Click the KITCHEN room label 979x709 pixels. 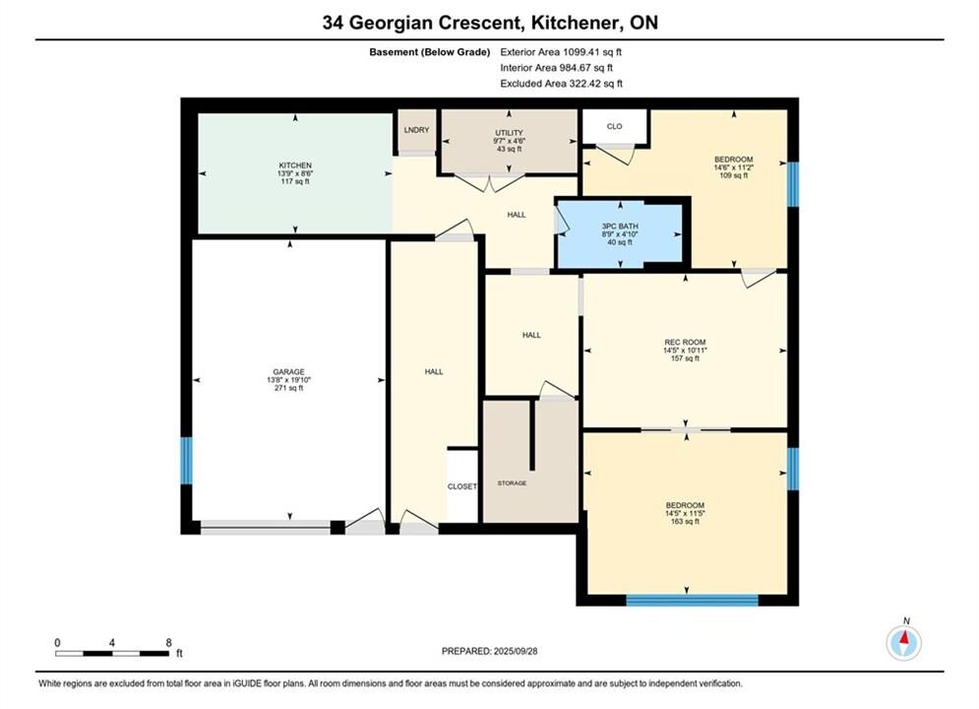(x=295, y=165)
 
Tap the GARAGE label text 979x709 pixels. (x=288, y=371)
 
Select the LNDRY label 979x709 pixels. (x=416, y=130)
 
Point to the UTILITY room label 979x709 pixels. (x=509, y=133)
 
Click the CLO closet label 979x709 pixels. (x=614, y=126)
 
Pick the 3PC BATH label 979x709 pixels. (x=620, y=226)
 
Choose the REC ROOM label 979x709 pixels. (x=685, y=343)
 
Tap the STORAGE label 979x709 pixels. (x=512, y=483)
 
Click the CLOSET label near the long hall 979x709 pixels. (x=462, y=486)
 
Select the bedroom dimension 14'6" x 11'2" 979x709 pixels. (x=734, y=167)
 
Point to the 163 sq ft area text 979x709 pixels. (x=685, y=521)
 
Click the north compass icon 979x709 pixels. (x=903, y=641)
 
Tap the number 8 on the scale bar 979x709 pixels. (x=168, y=642)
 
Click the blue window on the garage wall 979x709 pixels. (x=186, y=461)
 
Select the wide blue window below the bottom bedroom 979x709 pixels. (x=692, y=601)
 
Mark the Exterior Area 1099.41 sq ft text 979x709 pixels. (x=561, y=52)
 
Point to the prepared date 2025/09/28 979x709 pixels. (x=516, y=651)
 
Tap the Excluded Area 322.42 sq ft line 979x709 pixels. (x=561, y=84)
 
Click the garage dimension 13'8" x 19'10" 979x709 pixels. (x=288, y=380)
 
